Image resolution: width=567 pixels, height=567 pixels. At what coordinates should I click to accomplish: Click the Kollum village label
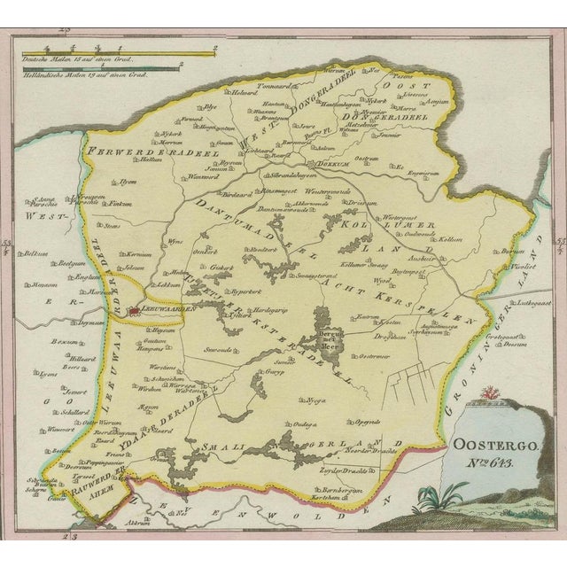tap(440, 240)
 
